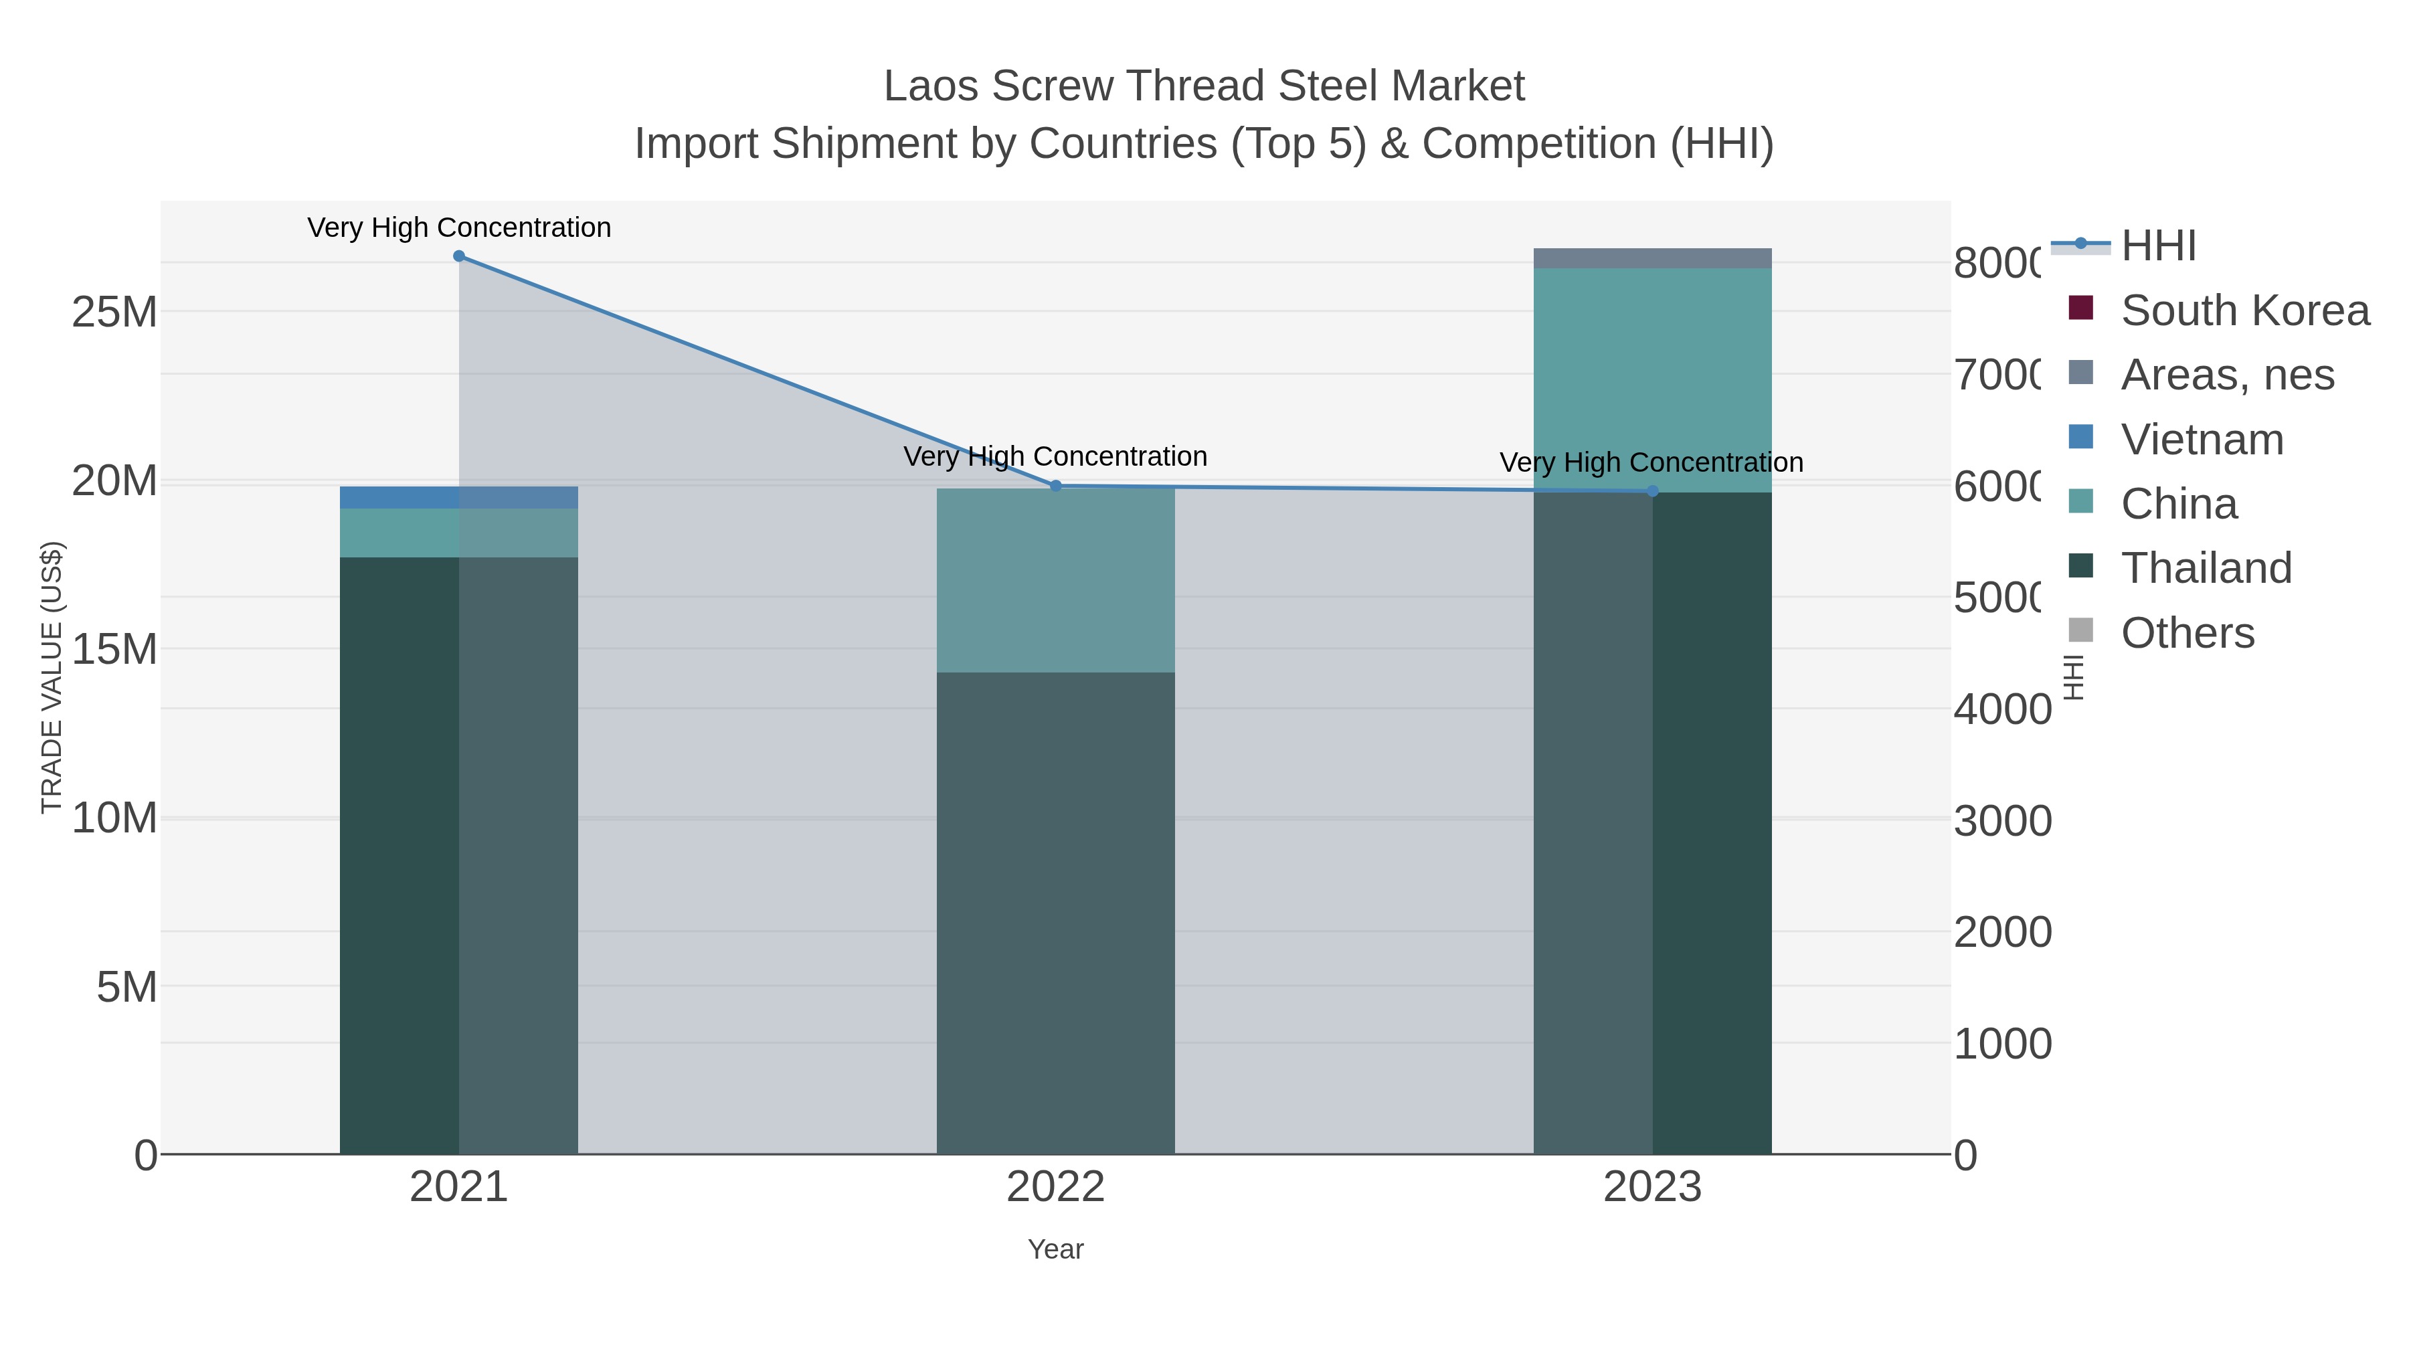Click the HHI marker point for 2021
[458, 256]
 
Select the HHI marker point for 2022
[1056, 485]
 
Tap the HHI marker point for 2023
[1652, 491]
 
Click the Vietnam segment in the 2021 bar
[458, 497]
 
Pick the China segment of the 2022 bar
[1056, 579]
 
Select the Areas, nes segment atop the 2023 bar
[1652, 258]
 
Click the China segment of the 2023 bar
[1652, 379]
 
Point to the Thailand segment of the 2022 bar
[1056, 912]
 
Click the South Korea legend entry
[2244, 310]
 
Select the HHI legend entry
[2157, 246]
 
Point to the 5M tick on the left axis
[126, 986]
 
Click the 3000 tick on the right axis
[2002, 821]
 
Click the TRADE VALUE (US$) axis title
[52, 677]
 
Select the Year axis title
[1056, 1249]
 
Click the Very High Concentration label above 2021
[458, 228]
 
